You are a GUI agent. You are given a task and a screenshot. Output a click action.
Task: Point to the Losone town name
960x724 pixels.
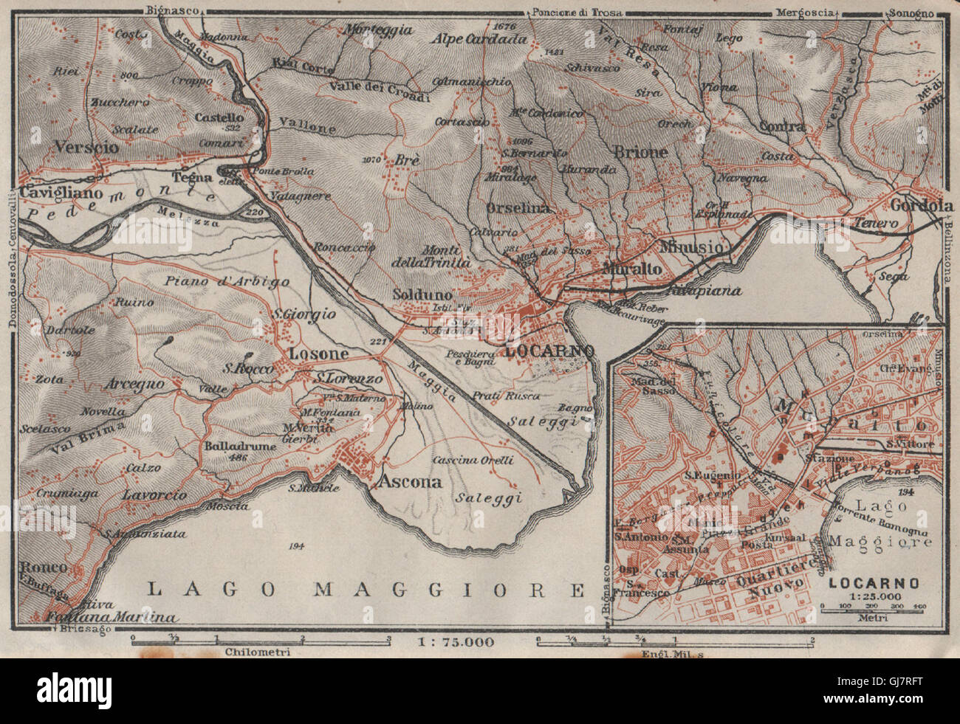[x=318, y=354]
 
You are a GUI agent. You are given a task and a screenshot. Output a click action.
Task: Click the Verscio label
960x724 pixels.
[x=86, y=147]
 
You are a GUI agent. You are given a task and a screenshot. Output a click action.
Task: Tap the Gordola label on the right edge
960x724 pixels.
[x=920, y=206]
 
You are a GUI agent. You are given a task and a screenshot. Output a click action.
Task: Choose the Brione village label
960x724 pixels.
[x=640, y=152]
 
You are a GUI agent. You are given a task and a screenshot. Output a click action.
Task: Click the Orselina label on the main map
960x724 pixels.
[x=518, y=208]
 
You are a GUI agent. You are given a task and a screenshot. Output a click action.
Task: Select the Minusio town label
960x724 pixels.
[x=693, y=247]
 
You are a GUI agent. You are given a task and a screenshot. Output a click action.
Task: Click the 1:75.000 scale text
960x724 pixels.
[x=456, y=641]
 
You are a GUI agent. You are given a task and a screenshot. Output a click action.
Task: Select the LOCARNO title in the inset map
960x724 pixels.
[x=873, y=582]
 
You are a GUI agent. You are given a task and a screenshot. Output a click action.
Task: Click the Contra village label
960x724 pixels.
[x=782, y=126]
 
